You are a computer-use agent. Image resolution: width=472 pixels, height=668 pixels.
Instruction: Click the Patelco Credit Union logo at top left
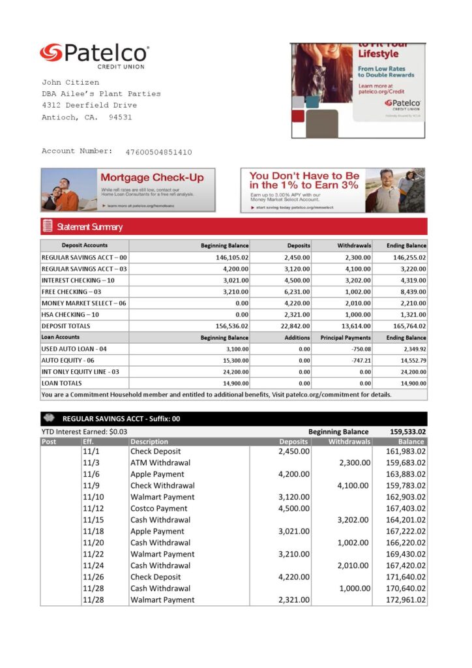[x=94, y=55]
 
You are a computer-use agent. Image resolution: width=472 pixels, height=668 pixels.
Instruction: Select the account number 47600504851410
[x=158, y=152]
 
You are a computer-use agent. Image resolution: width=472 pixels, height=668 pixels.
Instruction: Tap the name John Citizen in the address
[x=70, y=83]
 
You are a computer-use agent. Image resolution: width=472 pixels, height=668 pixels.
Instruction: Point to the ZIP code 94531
[x=120, y=117]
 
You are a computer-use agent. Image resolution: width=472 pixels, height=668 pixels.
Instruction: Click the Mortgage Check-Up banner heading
[x=152, y=177]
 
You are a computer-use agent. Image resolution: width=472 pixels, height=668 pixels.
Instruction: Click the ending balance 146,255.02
[x=406, y=258]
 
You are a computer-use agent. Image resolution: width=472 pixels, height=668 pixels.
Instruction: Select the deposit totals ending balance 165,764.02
[x=406, y=326]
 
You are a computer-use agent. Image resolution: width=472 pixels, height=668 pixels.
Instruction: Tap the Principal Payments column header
[x=346, y=338]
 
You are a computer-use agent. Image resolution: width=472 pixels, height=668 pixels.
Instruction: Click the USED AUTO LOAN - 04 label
[x=74, y=349]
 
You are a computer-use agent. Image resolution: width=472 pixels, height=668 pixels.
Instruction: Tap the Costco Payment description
[x=158, y=508]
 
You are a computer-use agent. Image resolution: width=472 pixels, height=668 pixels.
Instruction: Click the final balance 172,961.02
[x=406, y=600]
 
